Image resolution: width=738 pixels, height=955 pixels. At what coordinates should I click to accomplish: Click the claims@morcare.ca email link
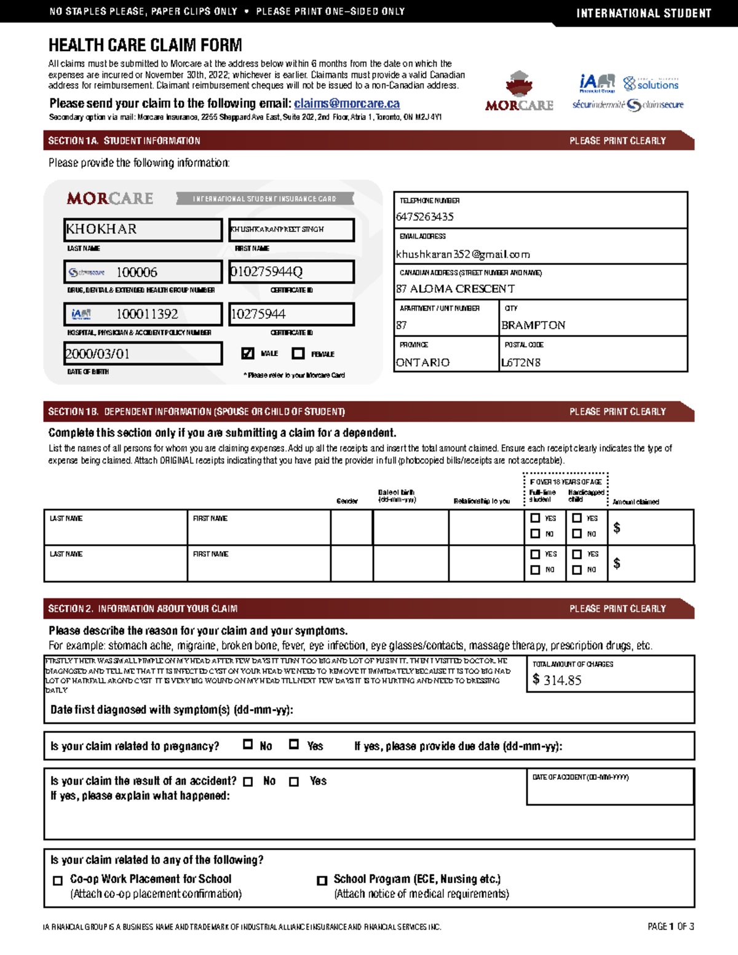pyautogui.click(x=346, y=103)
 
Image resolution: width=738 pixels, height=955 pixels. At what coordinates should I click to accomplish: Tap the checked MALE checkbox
pyautogui.click(x=248, y=354)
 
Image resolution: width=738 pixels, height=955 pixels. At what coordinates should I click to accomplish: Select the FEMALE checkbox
pyautogui.click(x=298, y=354)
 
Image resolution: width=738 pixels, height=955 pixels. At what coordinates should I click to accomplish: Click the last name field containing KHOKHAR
pyautogui.click(x=142, y=229)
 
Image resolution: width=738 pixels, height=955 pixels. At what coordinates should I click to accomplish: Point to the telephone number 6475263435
pyautogui.click(x=425, y=217)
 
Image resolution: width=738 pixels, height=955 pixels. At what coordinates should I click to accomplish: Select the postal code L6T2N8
pyautogui.click(x=520, y=363)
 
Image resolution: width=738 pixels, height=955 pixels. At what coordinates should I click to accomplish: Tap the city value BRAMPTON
pyautogui.click(x=533, y=325)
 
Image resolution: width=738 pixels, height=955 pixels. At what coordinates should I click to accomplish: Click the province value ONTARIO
pyautogui.click(x=423, y=363)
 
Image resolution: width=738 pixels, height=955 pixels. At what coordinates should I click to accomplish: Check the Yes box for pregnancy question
pyautogui.click(x=294, y=745)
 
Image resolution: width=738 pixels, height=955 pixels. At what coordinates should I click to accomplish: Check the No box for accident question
pyautogui.click(x=248, y=782)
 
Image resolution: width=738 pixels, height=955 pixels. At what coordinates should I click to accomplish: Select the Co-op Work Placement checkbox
pyautogui.click(x=58, y=881)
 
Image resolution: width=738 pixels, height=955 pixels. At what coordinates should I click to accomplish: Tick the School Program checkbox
pyautogui.click(x=322, y=881)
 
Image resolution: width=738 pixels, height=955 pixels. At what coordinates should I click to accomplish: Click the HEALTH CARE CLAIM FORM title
pyautogui.click(x=145, y=46)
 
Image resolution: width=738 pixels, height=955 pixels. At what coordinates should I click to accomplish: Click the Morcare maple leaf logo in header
pyautogui.click(x=519, y=84)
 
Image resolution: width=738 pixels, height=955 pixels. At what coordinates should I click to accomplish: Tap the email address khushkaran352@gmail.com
pyautogui.click(x=463, y=255)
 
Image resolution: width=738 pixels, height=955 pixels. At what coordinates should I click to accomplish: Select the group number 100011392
pyautogui.click(x=147, y=314)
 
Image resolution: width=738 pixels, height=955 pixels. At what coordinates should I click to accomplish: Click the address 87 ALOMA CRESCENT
pyautogui.click(x=456, y=289)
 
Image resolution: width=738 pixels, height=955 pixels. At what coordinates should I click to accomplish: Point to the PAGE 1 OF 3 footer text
pyautogui.click(x=670, y=927)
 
